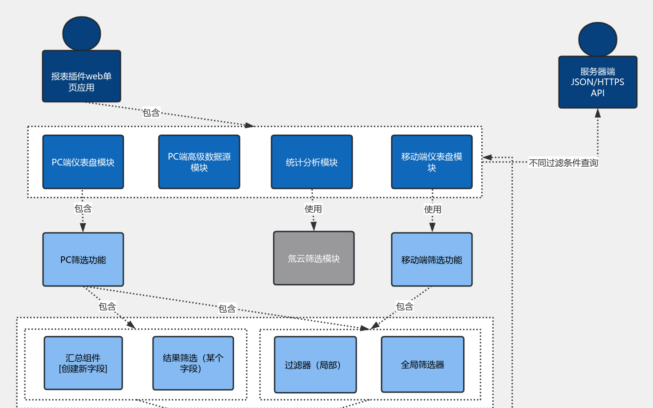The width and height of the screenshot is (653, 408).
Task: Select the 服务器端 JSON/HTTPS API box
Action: (598, 82)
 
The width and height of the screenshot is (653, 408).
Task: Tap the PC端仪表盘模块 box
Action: (83, 162)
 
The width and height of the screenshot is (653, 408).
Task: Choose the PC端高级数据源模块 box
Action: (199, 162)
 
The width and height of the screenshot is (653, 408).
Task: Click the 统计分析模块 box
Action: (312, 162)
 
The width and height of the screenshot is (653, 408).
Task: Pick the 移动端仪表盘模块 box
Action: (432, 162)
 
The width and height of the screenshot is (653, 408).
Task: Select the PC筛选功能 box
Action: (83, 260)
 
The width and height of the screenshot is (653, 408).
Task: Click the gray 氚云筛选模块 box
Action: (314, 259)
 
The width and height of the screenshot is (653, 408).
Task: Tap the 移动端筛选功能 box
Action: (432, 260)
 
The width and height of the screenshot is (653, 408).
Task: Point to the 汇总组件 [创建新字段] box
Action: (83, 363)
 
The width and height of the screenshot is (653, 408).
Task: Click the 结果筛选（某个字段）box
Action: (193, 363)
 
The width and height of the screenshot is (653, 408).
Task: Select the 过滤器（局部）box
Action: (315, 365)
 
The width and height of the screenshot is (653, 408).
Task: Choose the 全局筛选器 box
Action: (423, 365)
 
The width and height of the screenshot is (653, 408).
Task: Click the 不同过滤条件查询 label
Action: (563, 163)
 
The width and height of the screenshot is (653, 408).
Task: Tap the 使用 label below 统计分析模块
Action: (313, 209)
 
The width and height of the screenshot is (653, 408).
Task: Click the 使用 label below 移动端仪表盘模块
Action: (433, 209)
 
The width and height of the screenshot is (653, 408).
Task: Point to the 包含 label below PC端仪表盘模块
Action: (83, 208)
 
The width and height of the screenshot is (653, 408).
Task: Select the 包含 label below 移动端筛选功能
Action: (405, 306)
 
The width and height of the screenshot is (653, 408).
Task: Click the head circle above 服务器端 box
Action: (598, 39)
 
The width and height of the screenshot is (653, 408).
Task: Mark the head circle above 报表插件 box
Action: (82, 34)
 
